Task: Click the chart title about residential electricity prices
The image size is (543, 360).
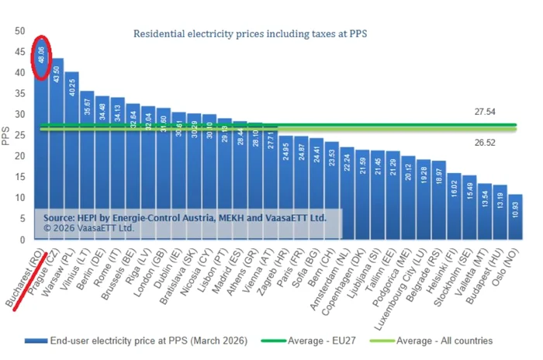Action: (250, 34)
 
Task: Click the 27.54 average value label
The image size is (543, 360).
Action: (486, 112)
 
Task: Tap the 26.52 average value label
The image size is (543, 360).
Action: (486, 142)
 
